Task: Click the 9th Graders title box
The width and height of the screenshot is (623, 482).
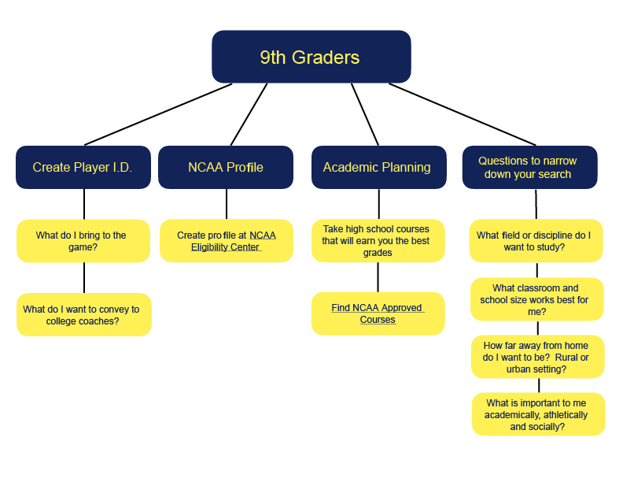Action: point(311,57)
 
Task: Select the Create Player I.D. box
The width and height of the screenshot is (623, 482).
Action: point(83,167)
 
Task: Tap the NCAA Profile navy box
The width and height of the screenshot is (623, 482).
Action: point(226,167)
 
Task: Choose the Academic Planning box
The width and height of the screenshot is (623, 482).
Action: point(377,167)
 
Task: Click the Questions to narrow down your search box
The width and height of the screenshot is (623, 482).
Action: point(529,167)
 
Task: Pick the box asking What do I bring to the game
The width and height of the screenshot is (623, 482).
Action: point(83,241)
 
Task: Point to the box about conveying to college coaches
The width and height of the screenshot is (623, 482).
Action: point(83,315)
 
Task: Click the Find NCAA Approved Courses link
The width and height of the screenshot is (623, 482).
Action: point(378,313)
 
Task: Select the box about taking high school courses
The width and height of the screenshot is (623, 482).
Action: point(377,241)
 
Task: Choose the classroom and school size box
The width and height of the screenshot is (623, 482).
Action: point(536,299)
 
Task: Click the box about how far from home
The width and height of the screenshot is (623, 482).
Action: point(538,357)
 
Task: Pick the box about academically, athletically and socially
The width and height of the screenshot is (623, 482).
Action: point(538,414)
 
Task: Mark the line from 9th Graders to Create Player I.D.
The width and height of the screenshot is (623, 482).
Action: point(157,114)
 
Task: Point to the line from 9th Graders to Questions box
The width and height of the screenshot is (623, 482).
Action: point(464,114)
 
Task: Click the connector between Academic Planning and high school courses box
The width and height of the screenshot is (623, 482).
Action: point(378,203)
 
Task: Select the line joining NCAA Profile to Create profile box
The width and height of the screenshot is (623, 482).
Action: point(227,203)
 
